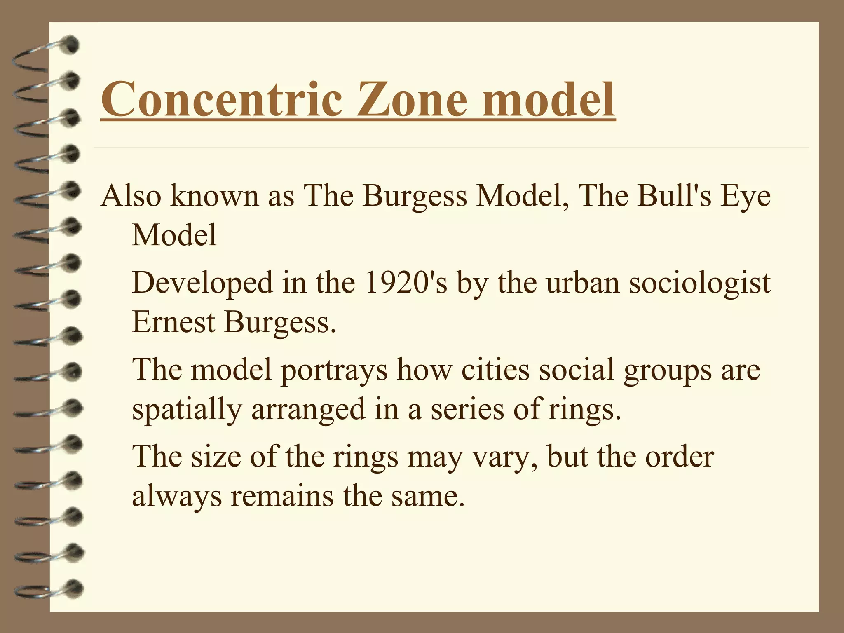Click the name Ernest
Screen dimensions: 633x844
click(173, 322)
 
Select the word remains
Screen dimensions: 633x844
click(282, 496)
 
